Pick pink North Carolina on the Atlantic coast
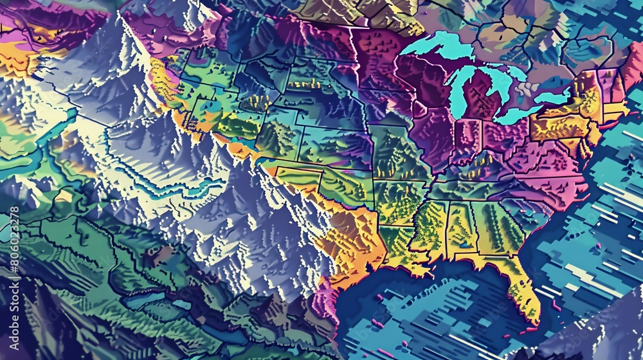click(x=553, y=183)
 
